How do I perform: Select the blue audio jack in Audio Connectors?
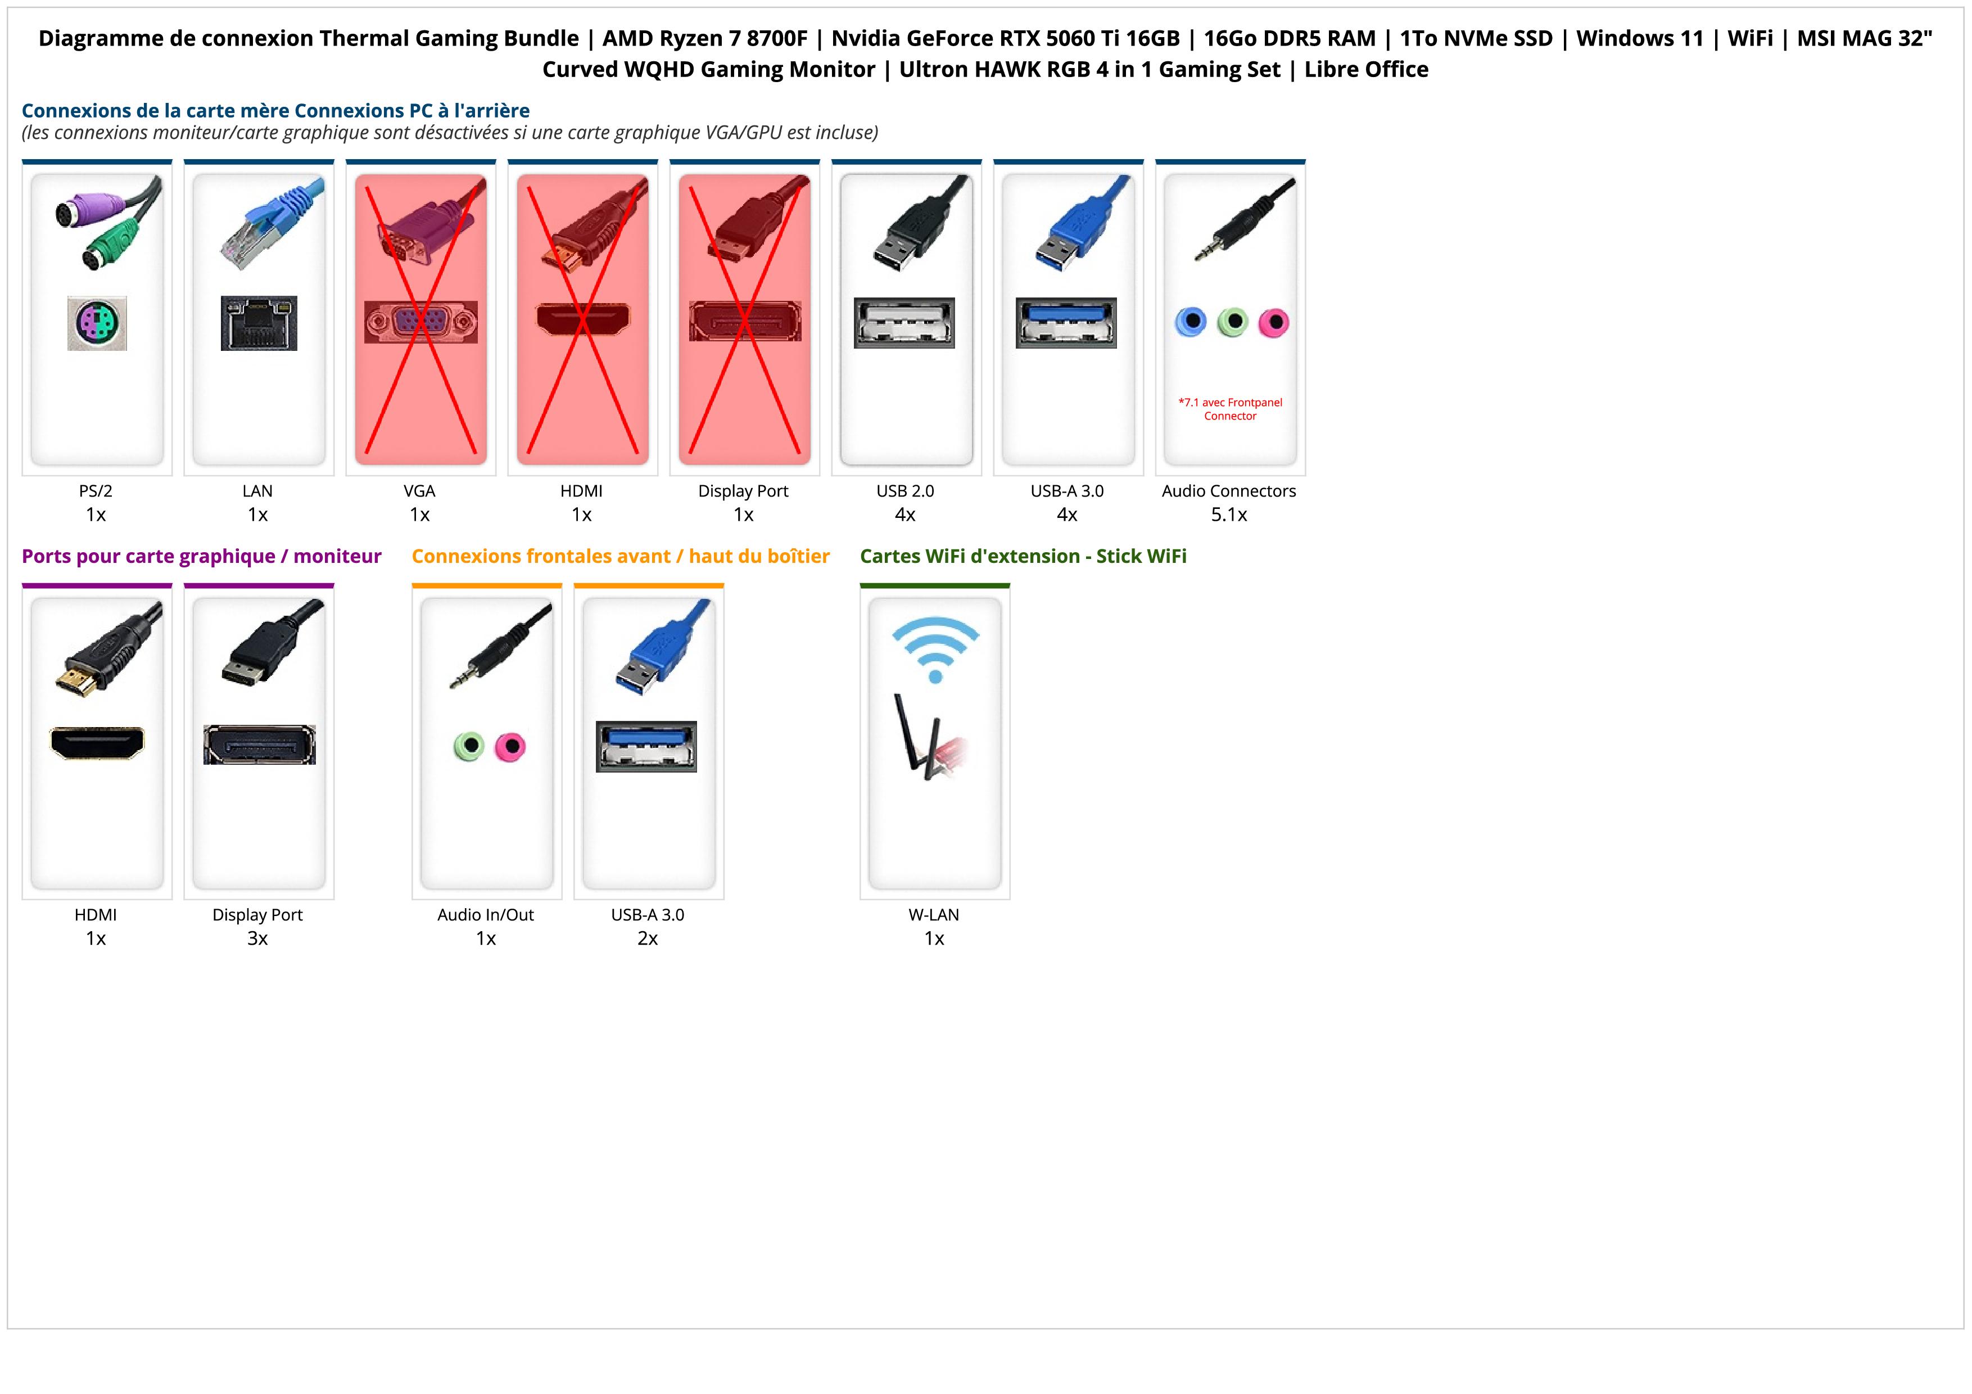tap(1191, 322)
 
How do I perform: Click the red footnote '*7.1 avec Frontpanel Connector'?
tap(1230, 409)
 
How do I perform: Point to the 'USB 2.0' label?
tap(905, 491)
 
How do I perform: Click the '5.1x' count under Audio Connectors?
tap(1229, 515)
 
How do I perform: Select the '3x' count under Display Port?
tap(257, 939)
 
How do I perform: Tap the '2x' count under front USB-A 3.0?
tap(648, 939)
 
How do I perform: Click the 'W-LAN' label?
tap(934, 915)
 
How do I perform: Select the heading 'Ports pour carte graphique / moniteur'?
tap(201, 557)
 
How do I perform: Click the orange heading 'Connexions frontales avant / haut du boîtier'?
tap(620, 557)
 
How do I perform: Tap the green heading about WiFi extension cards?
tap(1023, 557)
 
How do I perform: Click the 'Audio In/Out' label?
tap(485, 915)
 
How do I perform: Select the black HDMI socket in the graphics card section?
tap(97, 743)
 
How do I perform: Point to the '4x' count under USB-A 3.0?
tap(1067, 515)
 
